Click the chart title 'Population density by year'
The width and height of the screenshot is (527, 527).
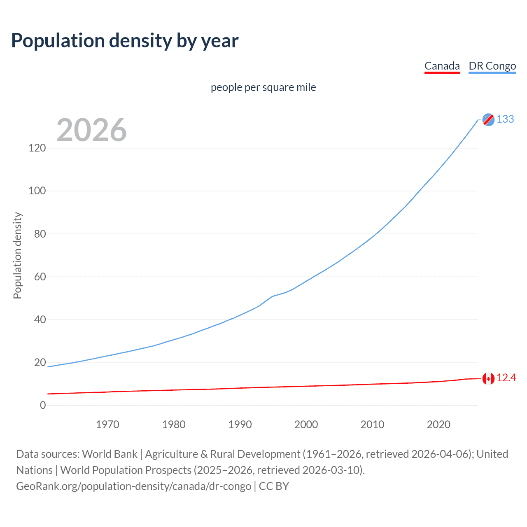point(125,41)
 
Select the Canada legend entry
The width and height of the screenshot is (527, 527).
point(442,66)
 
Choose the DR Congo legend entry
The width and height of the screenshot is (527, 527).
point(492,66)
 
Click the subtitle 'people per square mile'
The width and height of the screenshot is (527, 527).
point(263,87)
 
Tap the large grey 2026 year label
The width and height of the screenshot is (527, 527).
point(91,130)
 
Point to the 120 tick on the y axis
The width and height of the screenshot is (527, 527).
point(37,148)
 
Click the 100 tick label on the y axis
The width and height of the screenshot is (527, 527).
point(37,191)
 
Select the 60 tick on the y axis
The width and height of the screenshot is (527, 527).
point(40,277)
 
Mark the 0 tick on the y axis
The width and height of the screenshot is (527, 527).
point(43,405)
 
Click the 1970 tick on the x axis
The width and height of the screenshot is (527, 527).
point(107,424)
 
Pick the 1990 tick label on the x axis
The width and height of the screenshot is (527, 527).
point(240,424)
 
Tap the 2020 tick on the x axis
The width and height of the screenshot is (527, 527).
point(438,424)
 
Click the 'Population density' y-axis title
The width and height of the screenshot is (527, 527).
point(17,255)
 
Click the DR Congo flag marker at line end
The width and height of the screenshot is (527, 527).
point(488,119)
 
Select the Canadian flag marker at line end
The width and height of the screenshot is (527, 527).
point(488,378)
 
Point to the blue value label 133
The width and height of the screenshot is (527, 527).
point(505,119)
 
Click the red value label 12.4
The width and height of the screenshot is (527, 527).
point(506,378)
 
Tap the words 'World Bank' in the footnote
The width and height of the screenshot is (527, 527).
point(110,454)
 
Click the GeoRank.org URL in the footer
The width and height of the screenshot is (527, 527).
point(133,486)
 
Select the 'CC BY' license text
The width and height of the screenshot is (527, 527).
point(274,486)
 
